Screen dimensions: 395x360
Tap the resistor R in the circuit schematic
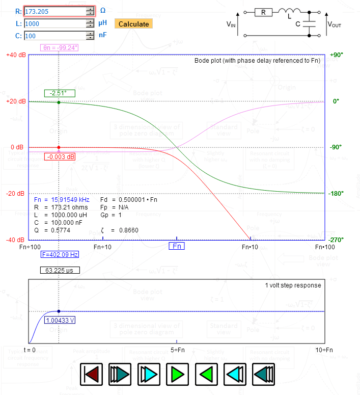(263, 13)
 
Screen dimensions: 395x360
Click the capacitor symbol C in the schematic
(309, 23)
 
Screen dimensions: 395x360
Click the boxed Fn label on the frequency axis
(177, 246)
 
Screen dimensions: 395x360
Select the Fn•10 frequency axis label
(250, 247)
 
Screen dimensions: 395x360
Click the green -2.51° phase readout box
(59, 93)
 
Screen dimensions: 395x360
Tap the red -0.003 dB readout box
(60, 156)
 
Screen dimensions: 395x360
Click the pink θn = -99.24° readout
(60, 48)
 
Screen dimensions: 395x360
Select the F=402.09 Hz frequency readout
(60, 254)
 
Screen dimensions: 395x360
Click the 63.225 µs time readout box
(60, 270)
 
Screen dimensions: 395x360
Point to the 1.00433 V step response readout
(60, 321)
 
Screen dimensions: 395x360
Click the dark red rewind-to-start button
(92, 375)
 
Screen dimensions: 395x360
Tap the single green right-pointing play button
(177, 375)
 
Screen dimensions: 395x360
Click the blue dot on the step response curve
(59, 311)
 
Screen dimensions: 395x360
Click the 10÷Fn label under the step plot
(324, 350)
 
